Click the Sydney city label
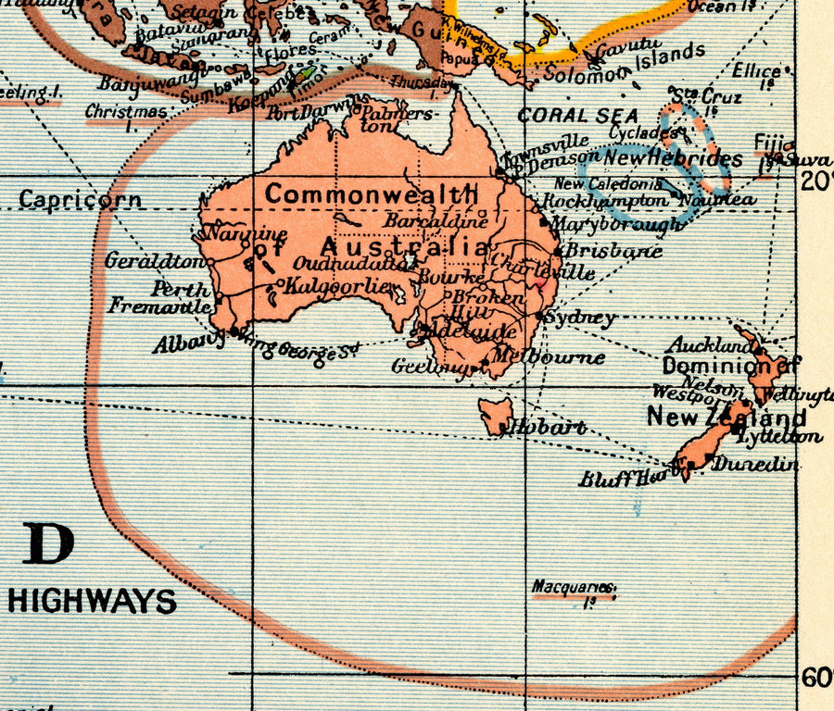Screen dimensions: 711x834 click(x=580, y=318)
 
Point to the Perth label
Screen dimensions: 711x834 click(x=181, y=289)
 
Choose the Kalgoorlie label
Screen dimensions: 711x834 click(x=337, y=287)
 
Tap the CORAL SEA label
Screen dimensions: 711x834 click(x=578, y=116)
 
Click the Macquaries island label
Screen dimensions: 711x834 click(x=574, y=587)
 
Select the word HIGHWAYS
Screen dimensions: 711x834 click(x=92, y=601)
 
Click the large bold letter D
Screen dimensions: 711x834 click(x=48, y=543)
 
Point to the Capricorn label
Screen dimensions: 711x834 click(x=81, y=199)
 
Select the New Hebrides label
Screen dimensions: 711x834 click(x=673, y=158)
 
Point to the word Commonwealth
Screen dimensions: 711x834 click(x=372, y=195)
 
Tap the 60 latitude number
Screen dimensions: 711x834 click(x=816, y=679)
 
